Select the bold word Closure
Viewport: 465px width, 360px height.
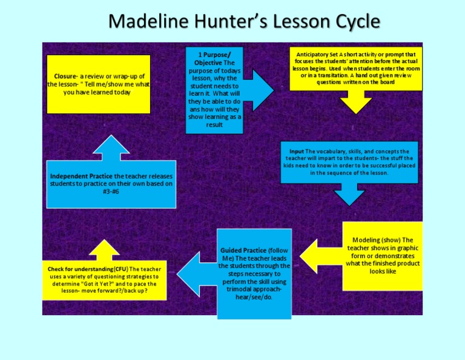65,76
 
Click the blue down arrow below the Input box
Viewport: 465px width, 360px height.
351,195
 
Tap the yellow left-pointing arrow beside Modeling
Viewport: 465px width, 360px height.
314,255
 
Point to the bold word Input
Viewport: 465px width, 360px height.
297,151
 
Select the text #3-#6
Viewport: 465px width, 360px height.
111,191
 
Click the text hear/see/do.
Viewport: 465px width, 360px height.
254,298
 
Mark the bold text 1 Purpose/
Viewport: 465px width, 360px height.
209,55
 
